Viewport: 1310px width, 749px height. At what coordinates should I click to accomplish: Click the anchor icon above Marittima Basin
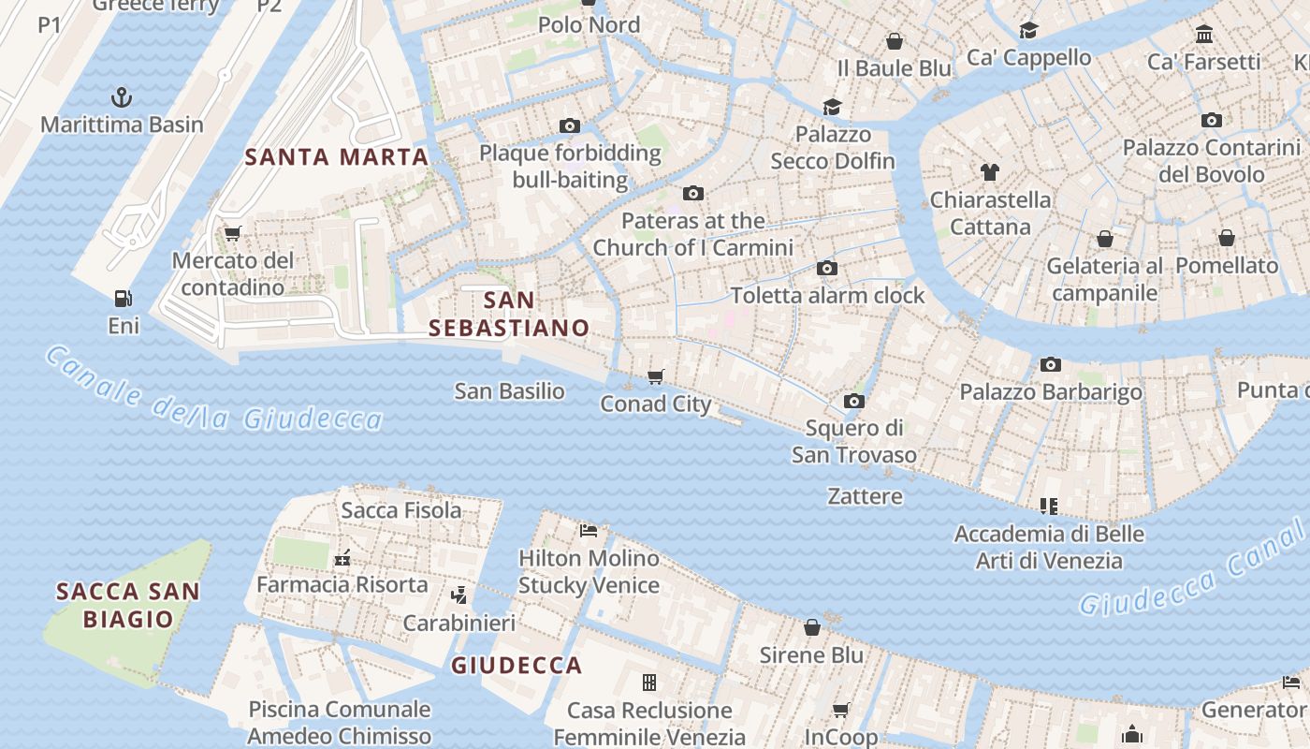(x=121, y=96)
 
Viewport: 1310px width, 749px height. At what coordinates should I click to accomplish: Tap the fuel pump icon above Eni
(x=123, y=299)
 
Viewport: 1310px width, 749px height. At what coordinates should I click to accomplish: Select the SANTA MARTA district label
(x=337, y=157)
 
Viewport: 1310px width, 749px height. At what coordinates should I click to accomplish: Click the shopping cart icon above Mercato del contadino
(x=232, y=233)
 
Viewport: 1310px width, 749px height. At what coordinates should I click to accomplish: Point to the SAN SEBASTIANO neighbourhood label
(x=510, y=314)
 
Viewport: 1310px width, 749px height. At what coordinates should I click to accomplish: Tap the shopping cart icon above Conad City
(x=656, y=376)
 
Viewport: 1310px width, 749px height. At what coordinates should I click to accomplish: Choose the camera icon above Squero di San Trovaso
(x=853, y=401)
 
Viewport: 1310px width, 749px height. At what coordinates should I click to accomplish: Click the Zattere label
(x=865, y=496)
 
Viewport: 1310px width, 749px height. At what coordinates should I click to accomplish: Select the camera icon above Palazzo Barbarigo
(x=1050, y=364)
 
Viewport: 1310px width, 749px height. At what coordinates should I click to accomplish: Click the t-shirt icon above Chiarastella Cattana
(x=990, y=172)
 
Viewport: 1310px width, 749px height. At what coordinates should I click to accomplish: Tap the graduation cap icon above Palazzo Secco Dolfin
(x=832, y=107)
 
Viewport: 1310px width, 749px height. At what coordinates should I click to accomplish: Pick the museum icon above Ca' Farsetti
(x=1204, y=35)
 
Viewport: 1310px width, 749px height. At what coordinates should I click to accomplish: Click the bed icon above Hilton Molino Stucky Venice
(x=589, y=531)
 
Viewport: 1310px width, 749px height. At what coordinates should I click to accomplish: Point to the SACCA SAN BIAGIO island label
(x=128, y=605)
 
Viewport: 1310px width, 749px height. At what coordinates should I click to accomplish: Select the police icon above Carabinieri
(x=458, y=595)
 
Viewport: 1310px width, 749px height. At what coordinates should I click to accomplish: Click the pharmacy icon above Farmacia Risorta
(x=342, y=558)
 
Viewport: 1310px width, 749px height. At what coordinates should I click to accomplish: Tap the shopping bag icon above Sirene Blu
(x=811, y=627)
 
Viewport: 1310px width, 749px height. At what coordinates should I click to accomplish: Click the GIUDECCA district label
(x=517, y=666)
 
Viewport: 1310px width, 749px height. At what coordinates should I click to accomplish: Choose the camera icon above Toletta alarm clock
(x=826, y=269)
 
